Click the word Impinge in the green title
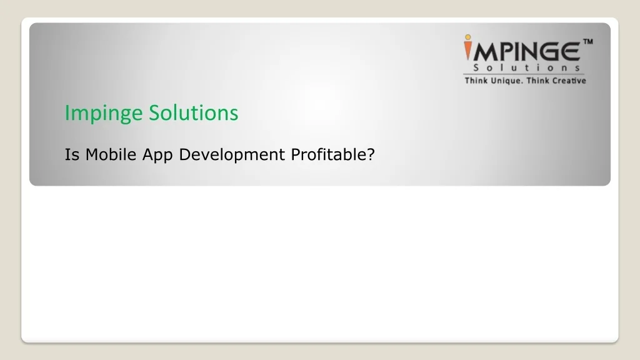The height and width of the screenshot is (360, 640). pos(105,113)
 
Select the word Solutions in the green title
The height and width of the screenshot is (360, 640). pos(194,112)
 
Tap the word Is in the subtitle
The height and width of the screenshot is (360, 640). pos(72,154)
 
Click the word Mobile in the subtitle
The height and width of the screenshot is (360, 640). pos(111,154)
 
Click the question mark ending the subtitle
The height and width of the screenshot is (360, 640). pos(371,154)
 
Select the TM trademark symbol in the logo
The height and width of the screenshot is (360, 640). pos(587,42)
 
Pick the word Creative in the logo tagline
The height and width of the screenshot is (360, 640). pos(569,81)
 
